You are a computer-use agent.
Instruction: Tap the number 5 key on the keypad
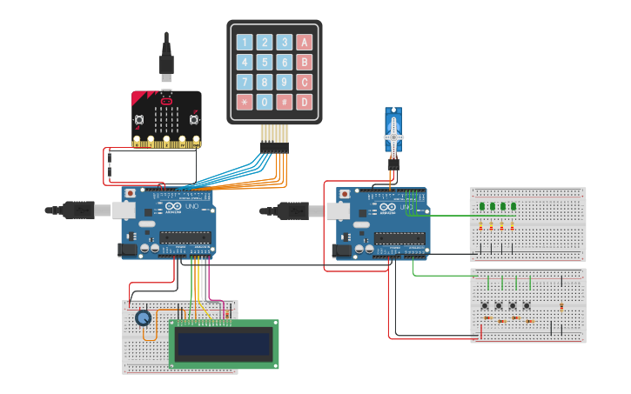264,62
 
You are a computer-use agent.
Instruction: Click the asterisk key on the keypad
244,102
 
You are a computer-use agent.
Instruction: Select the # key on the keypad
284,102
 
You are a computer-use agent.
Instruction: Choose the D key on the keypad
304,102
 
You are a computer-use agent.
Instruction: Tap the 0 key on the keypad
264,102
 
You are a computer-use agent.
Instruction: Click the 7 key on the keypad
244,82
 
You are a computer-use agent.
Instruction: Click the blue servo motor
393,130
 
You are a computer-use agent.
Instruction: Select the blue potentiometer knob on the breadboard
144,318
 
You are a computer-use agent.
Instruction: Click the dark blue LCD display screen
224,344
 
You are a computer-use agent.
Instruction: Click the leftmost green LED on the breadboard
482,207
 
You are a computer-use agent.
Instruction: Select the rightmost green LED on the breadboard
514,207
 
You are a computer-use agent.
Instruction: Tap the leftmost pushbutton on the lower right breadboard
485,305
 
